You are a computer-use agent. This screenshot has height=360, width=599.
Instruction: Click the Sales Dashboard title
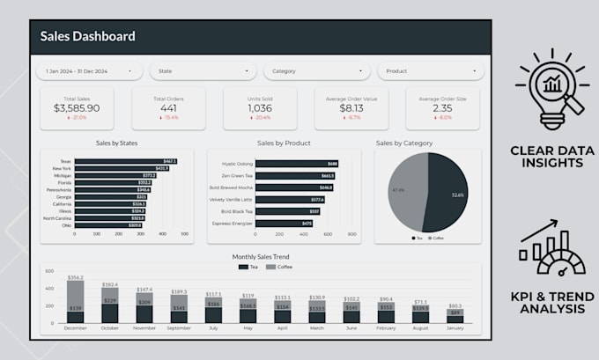(88, 36)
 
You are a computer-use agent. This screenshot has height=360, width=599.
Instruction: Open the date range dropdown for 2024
(88, 71)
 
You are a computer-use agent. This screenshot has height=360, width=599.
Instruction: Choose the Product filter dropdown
(429, 71)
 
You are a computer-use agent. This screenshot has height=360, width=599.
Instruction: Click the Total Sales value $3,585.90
(77, 107)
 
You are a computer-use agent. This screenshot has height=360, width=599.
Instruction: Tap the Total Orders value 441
(167, 107)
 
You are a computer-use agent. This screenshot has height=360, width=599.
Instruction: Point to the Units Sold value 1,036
(259, 107)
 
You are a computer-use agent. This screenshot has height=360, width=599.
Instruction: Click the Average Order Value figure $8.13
(351, 107)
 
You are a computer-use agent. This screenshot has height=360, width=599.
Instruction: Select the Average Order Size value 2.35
(442, 107)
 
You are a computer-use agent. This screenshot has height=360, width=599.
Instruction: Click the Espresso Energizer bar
(277, 224)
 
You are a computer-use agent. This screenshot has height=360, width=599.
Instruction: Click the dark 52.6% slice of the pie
(447, 194)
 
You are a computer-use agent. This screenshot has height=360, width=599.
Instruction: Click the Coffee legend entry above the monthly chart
(281, 267)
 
